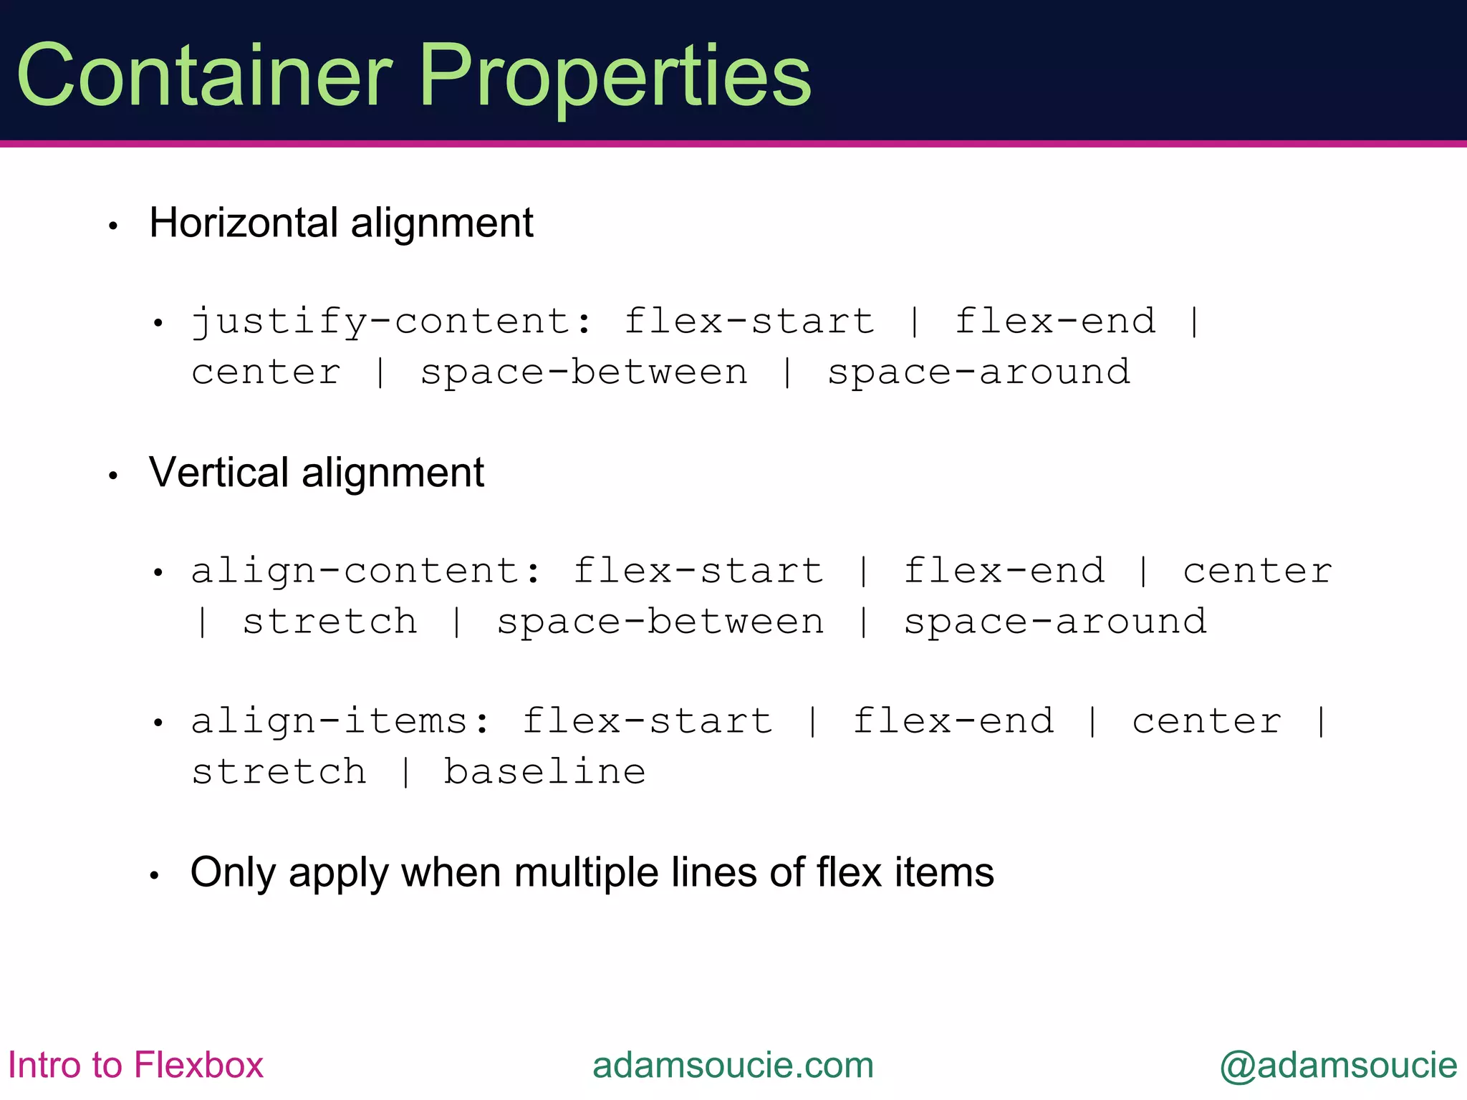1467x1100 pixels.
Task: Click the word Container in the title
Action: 204,75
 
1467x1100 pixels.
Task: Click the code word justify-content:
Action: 393,322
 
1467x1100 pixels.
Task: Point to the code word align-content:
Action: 367,571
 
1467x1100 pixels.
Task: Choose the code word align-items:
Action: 341,721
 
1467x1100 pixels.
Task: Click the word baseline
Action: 544,772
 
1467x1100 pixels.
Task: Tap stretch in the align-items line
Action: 279,772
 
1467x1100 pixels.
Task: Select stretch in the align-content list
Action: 330,622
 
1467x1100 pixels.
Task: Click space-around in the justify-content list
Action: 978,372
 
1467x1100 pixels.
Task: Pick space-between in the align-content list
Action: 660,622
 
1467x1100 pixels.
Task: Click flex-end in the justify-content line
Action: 1055,322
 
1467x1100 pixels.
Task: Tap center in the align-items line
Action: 1207,721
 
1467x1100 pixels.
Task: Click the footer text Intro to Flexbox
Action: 135,1065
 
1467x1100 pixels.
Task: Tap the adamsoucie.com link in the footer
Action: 733,1065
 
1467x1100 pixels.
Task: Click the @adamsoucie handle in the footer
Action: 1338,1065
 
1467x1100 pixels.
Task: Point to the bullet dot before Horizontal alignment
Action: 112,226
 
